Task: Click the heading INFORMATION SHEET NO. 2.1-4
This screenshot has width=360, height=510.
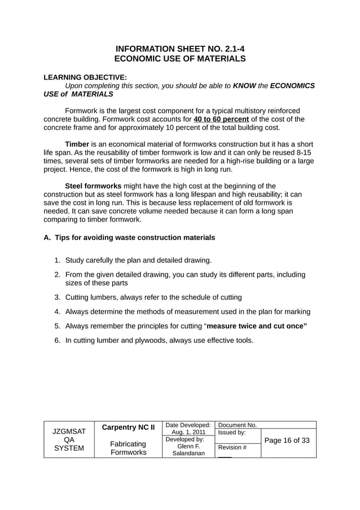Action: click(180, 49)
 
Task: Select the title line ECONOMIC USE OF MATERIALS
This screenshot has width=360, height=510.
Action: click(180, 58)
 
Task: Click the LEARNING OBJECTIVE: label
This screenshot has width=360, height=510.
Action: click(85, 77)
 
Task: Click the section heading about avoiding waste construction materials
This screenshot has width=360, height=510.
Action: click(129, 238)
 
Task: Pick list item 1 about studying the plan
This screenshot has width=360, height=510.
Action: click(138, 260)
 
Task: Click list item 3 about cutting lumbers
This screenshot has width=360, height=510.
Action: click(153, 297)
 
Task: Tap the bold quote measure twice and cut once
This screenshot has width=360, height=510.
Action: click(257, 326)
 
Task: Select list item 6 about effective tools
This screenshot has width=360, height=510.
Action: click(159, 341)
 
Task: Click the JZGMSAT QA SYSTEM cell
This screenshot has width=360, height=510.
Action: click(69, 440)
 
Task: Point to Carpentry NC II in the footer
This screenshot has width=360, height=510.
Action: click(128, 428)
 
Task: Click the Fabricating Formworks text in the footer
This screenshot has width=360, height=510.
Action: click(128, 448)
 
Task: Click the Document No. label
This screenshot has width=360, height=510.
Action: click(237, 425)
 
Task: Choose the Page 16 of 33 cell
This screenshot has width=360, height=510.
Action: click(288, 441)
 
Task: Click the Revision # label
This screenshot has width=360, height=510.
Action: click(232, 447)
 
